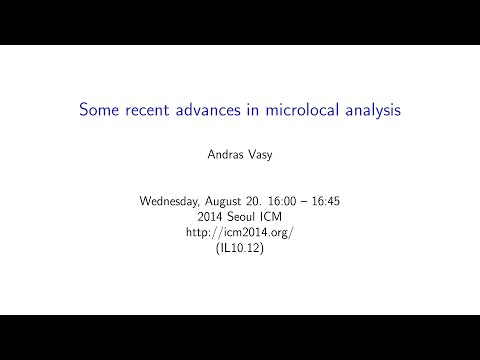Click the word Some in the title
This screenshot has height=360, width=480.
100,110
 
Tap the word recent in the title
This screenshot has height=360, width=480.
151,110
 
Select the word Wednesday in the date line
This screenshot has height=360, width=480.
173,200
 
